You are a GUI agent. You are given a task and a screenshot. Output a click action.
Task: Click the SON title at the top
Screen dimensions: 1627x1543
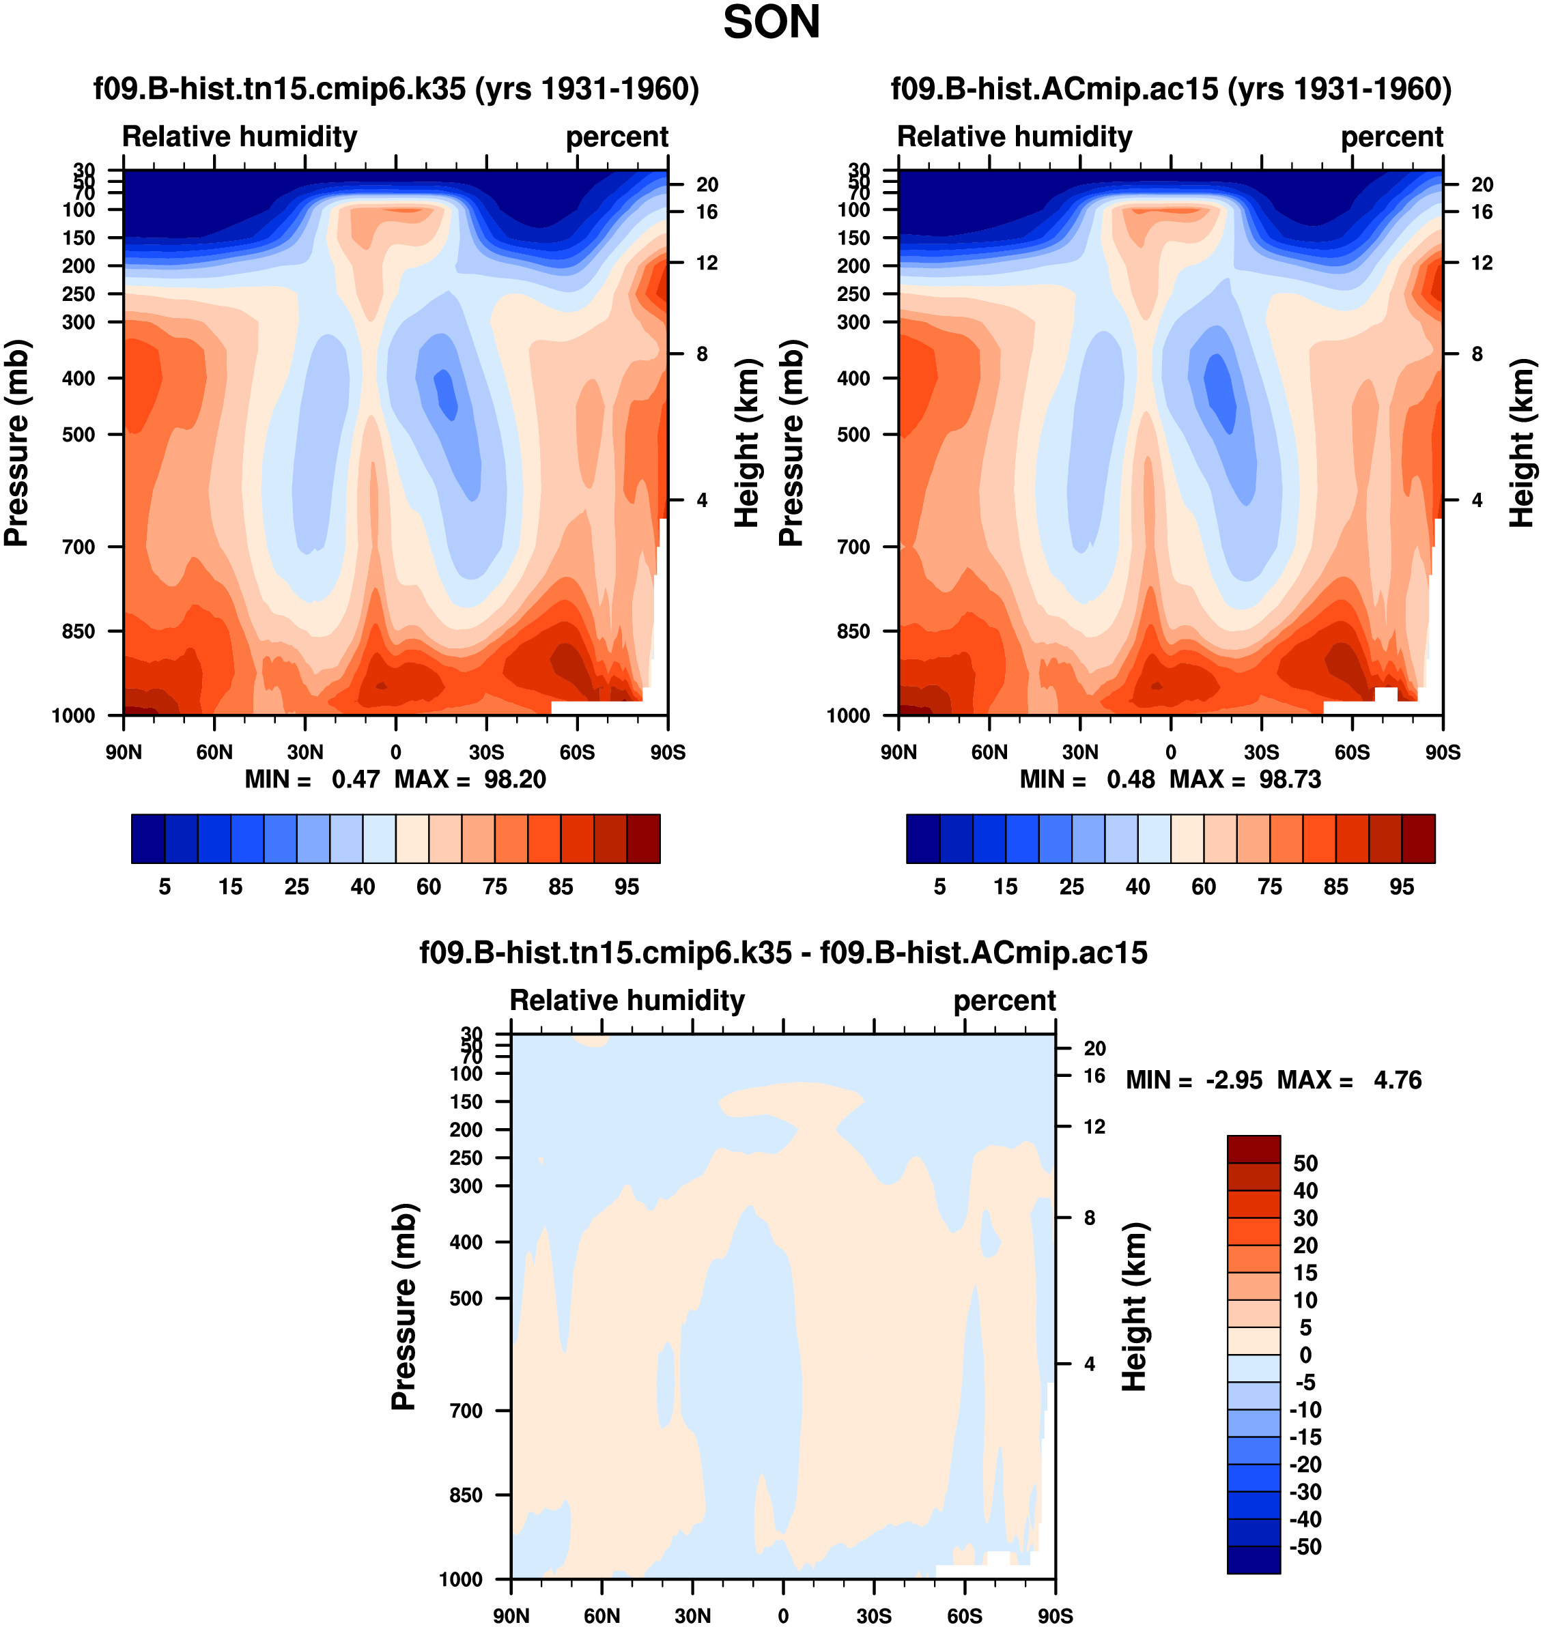(x=771, y=23)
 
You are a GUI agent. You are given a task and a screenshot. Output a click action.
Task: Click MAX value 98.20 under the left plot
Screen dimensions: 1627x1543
(x=514, y=779)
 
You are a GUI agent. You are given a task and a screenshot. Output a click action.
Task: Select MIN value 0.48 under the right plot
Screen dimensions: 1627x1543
(x=1130, y=779)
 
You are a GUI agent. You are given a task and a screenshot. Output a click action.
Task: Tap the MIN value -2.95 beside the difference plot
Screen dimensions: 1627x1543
(x=1234, y=1080)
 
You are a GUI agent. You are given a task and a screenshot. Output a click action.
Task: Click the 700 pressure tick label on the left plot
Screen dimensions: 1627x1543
(x=79, y=547)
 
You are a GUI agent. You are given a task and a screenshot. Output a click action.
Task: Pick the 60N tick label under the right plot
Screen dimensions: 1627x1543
(x=989, y=752)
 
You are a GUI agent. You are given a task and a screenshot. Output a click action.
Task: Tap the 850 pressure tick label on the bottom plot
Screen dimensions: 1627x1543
(x=466, y=1495)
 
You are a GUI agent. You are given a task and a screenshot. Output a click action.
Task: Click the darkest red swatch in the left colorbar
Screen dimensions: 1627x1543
(x=643, y=839)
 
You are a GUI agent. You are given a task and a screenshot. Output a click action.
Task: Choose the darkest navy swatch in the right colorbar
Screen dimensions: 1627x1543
(x=923, y=839)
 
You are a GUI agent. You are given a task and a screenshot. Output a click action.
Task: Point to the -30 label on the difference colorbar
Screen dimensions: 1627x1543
(x=1305, y=1492)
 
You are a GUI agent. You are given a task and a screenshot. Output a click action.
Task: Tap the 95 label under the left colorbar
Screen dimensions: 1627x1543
(x=627, y=887)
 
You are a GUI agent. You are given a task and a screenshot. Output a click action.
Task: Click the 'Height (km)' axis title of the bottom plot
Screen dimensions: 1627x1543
(x=1134, y=1306)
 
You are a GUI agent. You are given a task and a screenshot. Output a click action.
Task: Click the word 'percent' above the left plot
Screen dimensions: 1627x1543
(x=617, y=136)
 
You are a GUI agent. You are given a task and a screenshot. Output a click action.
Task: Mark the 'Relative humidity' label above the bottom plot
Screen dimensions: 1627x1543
(x=627, y=1000)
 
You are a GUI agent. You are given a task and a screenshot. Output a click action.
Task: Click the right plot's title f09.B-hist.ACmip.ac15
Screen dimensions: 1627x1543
(x=1171, y=89)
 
